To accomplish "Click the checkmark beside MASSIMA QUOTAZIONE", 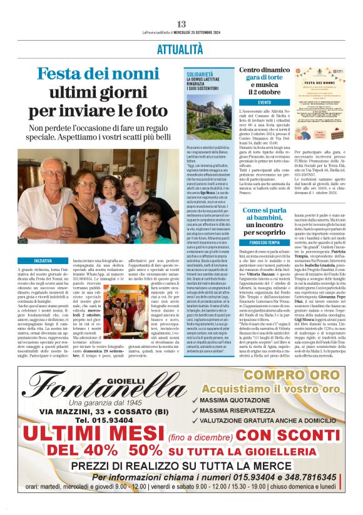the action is [x=195, y=399].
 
